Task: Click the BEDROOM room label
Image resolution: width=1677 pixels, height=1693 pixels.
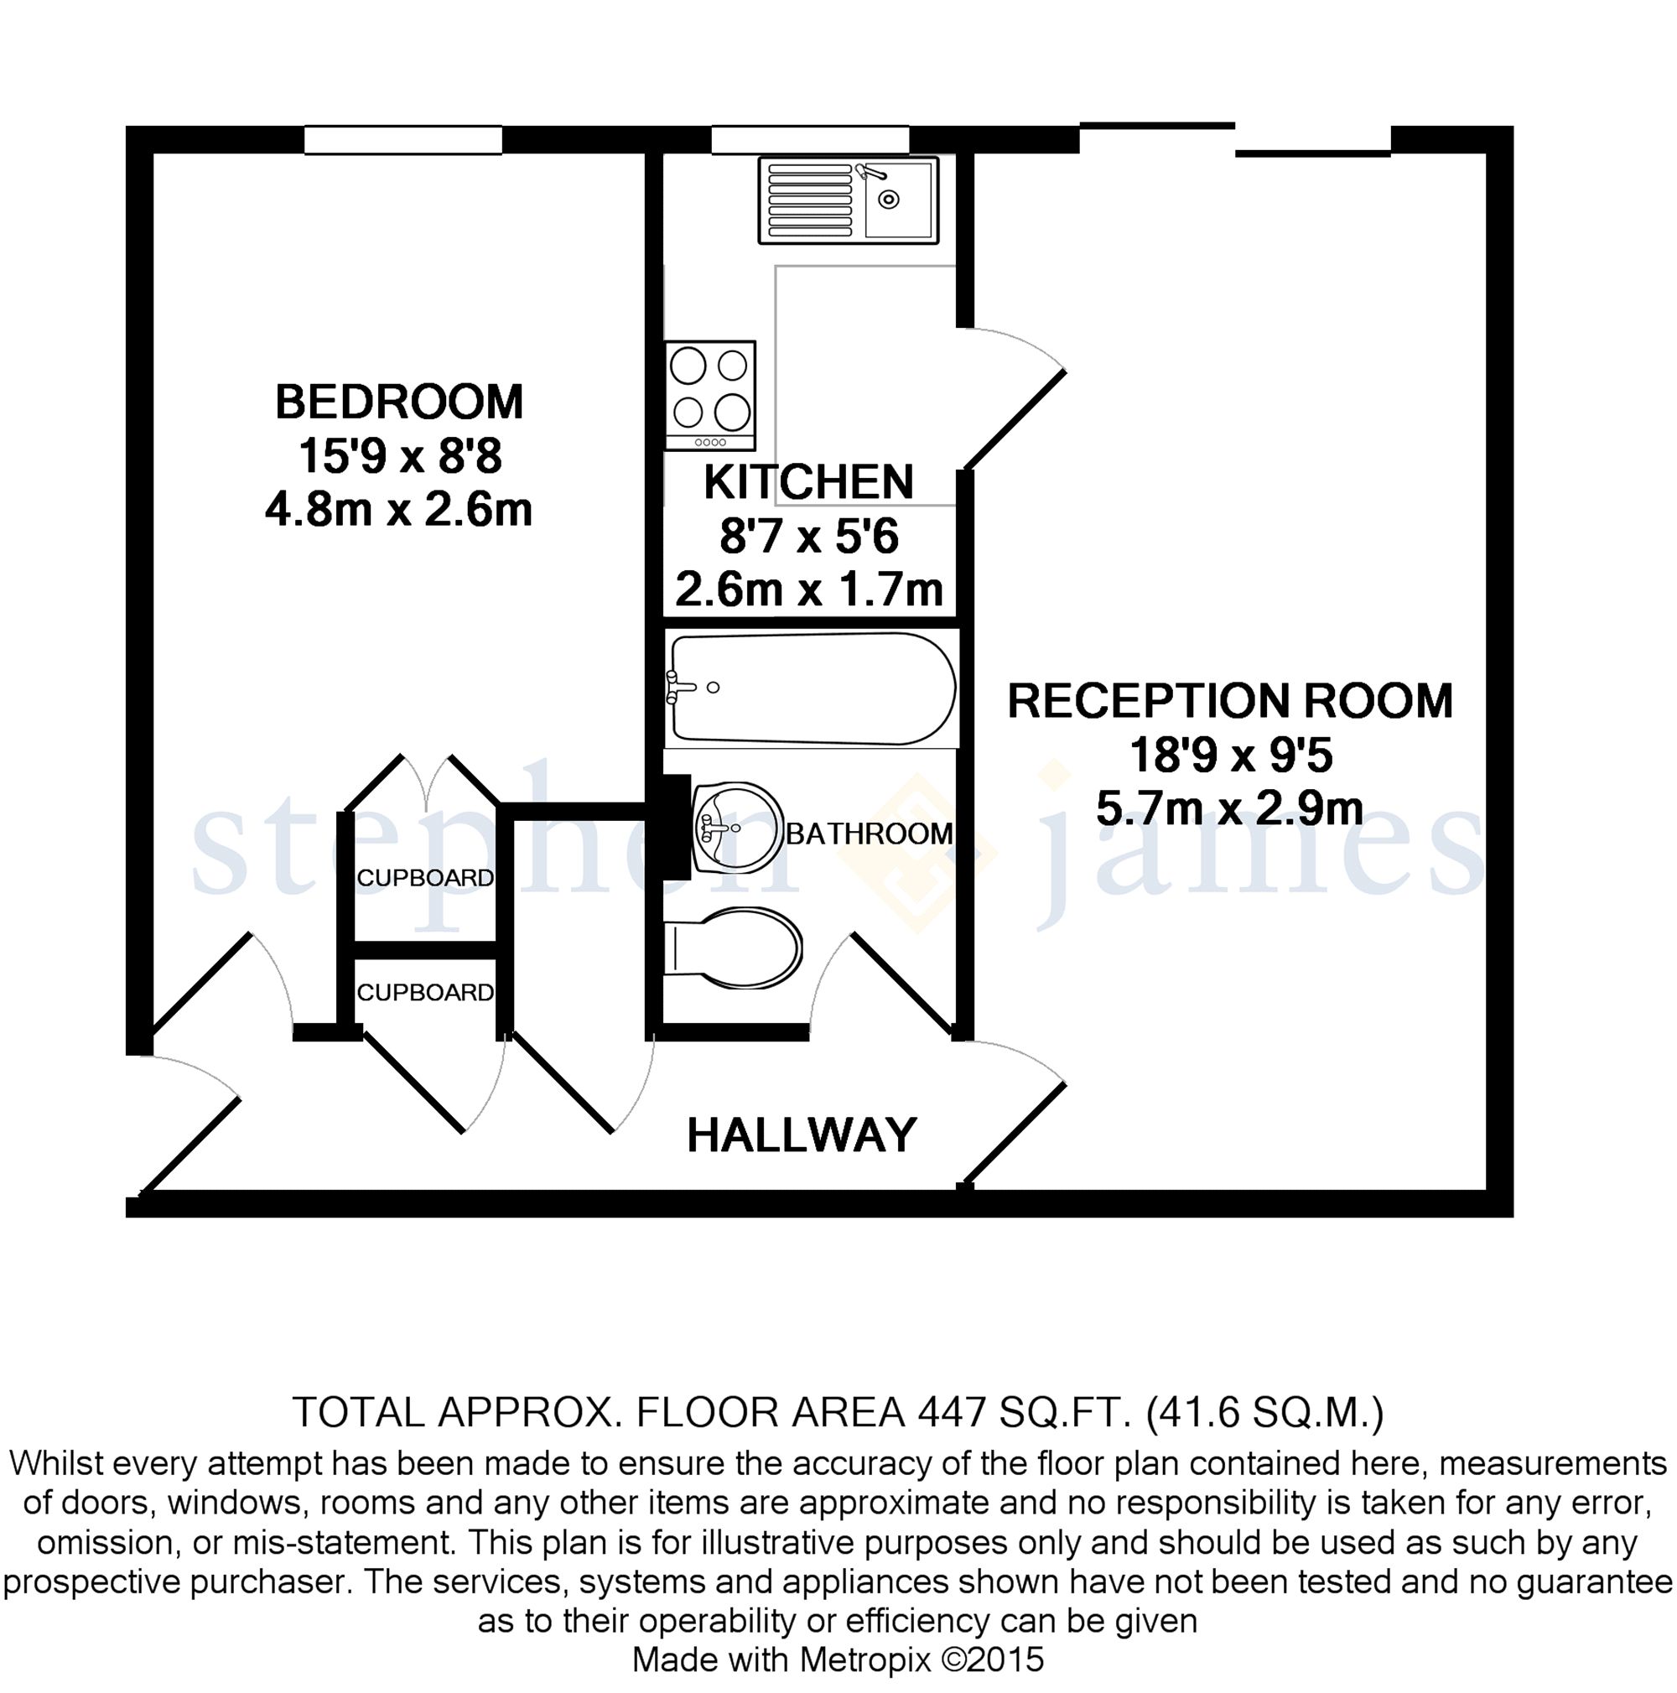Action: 398,402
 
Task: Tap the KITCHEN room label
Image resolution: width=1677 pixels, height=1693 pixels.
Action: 808,482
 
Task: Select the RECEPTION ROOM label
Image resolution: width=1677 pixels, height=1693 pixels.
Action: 1230,701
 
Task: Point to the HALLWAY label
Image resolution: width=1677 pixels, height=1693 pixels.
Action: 802,1135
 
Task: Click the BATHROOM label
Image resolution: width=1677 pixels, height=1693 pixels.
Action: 870,834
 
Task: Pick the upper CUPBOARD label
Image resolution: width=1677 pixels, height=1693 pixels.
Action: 425,877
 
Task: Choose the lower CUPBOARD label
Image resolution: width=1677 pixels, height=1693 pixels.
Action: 425,992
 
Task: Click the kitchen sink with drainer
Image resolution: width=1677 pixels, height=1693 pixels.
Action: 848,200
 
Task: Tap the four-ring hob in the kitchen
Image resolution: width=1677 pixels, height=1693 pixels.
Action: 709,395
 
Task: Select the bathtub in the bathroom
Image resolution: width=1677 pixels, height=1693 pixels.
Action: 812,688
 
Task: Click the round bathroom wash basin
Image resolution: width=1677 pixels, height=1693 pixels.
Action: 737,828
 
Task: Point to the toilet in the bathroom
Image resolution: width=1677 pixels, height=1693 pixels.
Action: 734,948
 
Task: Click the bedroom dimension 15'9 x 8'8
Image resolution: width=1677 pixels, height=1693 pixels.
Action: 399,456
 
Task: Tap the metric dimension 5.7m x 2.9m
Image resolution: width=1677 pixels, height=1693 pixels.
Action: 1229,809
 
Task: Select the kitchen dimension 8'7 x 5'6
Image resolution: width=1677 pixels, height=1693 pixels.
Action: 808,537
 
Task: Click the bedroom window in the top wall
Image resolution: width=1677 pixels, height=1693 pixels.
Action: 403,140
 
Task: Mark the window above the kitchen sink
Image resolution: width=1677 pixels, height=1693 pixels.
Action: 810,140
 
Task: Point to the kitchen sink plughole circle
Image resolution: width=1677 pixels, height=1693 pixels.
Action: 889,200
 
